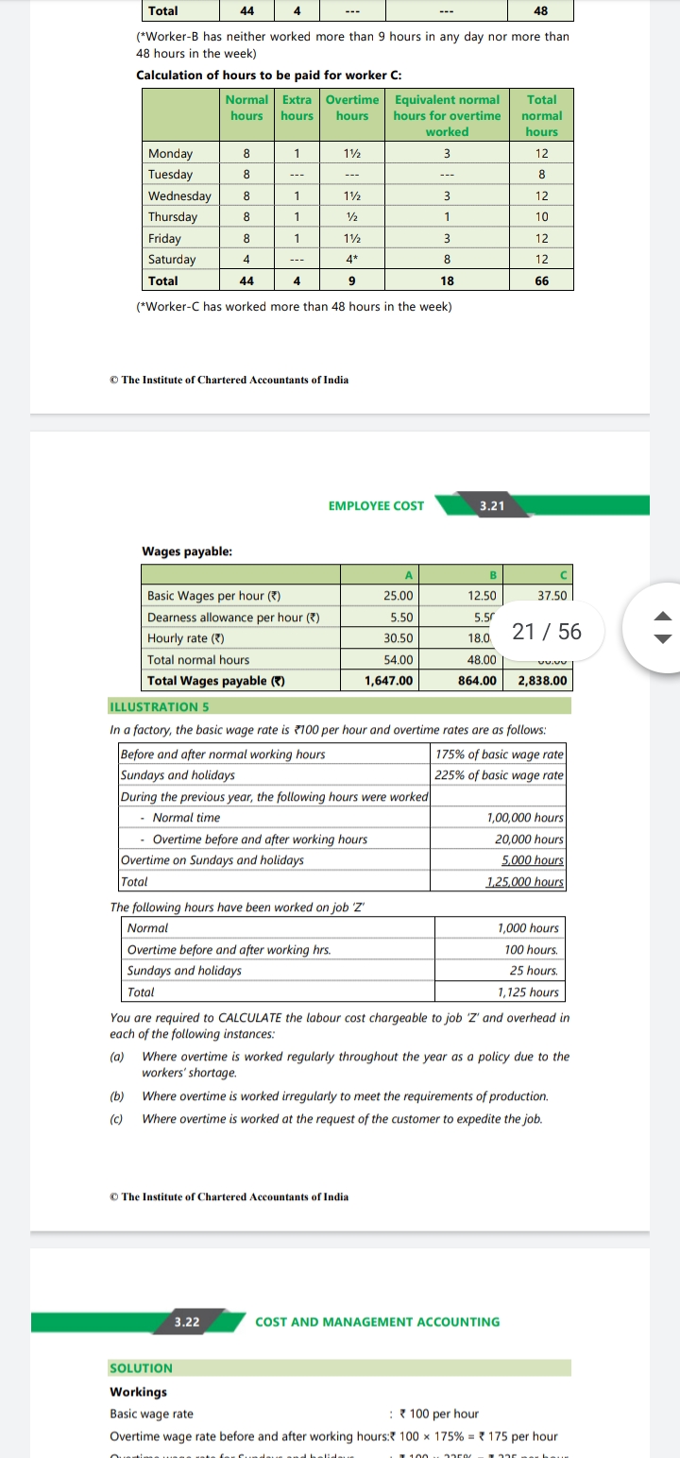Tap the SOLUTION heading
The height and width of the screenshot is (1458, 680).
pyautogui.click(x=142, y=1367)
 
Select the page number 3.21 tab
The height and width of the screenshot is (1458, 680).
pyautogui.click(x=491, y=505)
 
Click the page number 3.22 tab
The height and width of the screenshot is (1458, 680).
pyautogui.click(x=187, y=1321)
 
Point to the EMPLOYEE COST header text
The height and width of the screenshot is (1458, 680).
pyautogui.click(x=376, y=505)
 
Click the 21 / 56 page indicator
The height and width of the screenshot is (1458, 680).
pyautogui.click(x=546, y=631)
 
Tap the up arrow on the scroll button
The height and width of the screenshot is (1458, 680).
pyautogui.click(x=664, y=617)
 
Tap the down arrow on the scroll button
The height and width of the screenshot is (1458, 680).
pyautogui.click(x=664, y=639)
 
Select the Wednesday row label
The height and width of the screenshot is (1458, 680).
pyautogui.click(x=179, y=195)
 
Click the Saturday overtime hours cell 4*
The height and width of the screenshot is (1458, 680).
pyautogui.click(x=351, y=259)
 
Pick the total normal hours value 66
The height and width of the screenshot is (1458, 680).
pyautogui.click(x=541, y=280)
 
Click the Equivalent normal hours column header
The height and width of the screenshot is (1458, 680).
pyautogui.click(x=447, y=115)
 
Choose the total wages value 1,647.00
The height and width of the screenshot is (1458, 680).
pyautogui.click(x=389, y=680)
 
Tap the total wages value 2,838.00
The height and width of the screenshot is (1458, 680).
pyautogui.click(x=542, y=680)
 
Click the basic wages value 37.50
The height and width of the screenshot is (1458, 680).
pyautogui.click(x=552, y=596)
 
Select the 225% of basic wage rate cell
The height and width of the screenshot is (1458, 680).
pyautogui.click(x=500, y=774)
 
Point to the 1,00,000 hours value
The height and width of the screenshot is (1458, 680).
pyautogui.click(x=525, y=818)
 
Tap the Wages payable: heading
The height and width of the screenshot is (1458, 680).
pyautogui.click(x=187, y=551)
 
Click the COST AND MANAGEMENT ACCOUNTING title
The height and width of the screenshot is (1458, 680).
pyautogui.click(x=377, y=1321)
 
